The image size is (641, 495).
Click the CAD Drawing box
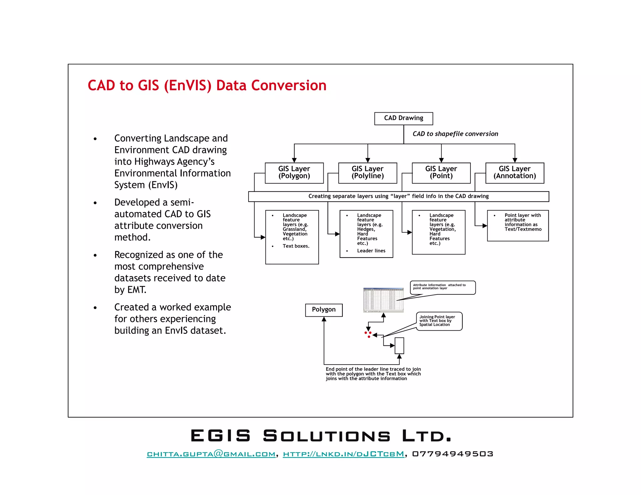(x=403, y=118)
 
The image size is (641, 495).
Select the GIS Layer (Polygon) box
(x=294, y=173)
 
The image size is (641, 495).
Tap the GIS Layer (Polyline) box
(x=367, y=173)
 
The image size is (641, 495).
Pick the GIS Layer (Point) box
(x=441, y=173)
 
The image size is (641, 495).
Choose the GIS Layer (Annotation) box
(x=515, y=173)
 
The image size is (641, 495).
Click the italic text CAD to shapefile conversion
(x=455, y=134)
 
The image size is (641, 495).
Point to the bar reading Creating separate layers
(x=398, y=196)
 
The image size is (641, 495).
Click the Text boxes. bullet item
(x=296, y=246)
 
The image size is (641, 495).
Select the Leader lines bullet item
(x=371, y=251)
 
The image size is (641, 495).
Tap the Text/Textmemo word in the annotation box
(x=523, y=229)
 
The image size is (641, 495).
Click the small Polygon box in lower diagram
(x=324, y=310)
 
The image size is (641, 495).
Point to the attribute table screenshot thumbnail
(x=383, y=300)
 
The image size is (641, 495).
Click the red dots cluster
(x=368, y=334)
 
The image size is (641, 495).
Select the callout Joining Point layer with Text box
(x=439, y=321)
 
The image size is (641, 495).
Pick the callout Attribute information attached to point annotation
(x=442, y=287)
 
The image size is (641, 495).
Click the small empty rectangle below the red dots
(x=399, y=345)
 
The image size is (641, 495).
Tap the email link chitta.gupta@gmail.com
(x=211, y=454)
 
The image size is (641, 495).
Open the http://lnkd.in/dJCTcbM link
(x=344, y=454)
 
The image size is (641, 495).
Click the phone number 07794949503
(x=453, y=454)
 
